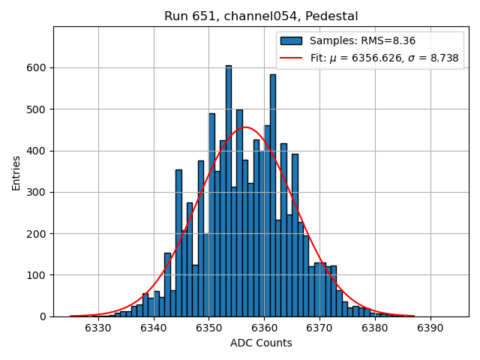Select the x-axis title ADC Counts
point(261,343)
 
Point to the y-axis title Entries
point(16,172)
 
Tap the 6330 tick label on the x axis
point(98,328)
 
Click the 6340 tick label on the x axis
point(154,328)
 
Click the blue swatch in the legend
point(291,41)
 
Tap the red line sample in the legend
point(291,58)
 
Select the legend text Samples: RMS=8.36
point(362,41)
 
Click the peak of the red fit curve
point(245,127)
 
